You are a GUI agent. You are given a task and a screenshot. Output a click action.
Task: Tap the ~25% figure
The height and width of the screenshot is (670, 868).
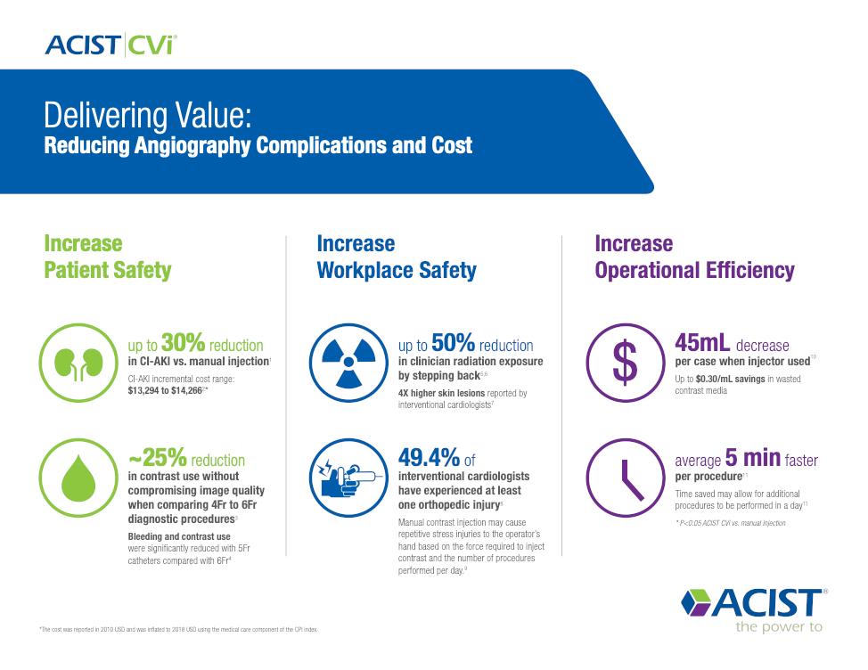pyautogui.click(x=158, y=459)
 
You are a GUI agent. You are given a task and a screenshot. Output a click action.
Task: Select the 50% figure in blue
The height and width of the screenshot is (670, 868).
pyautogui.click(x=453, y=344)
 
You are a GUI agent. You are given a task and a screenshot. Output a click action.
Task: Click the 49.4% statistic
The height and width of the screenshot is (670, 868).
pyautogui.click(x=429, y=459)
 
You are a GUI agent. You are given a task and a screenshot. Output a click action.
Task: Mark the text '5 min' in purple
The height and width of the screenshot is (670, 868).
pyautogui.click(x=752, y=459)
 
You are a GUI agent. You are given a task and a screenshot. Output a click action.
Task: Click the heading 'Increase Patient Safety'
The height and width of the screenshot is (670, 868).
pyautogui.click(x=107, y=257)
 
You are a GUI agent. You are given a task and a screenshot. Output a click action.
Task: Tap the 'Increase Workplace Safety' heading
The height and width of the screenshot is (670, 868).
pyautogui.click(x=397, y=257)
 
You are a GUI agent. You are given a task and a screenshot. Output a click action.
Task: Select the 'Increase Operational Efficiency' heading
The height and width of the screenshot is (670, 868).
pyautogui.click(x=694, y=257)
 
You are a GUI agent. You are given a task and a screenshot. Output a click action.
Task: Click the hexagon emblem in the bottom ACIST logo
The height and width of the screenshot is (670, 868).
pyautogui.click(x=696, y=603)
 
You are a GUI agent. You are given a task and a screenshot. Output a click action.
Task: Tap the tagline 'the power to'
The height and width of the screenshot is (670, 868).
pyautogui.click(x=777, y=627)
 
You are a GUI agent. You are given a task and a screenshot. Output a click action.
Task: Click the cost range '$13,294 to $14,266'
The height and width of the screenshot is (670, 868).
pyautogui.click(x=167, y=389)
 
